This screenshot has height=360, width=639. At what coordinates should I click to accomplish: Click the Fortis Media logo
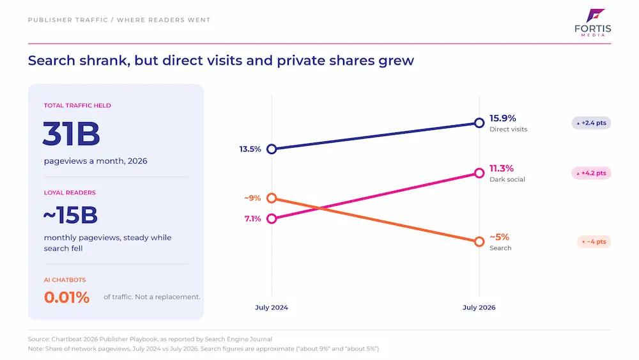pos(592,22)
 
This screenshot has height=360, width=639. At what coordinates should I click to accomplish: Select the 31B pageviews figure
pos(72,133)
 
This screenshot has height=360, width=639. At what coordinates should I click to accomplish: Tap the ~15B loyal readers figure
pos(70,215)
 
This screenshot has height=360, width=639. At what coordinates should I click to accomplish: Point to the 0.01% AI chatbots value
pos(66,297)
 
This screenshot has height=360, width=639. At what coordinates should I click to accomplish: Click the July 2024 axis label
pos(272,308)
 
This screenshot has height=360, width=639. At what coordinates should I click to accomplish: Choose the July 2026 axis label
pos(479,308)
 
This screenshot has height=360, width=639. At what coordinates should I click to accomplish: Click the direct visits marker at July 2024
pos(272,149)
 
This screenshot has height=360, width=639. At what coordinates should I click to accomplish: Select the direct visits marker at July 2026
pos(479,123)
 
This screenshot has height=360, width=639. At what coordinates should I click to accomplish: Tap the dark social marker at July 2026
pos(479,173)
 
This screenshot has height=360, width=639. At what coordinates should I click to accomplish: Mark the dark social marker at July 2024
pos(272,219)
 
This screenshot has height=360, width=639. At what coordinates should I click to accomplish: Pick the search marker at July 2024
pos(272,198)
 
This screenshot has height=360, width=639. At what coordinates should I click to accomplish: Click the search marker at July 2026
pos(479,242)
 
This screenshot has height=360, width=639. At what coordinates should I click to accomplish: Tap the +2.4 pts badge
pos(591,123)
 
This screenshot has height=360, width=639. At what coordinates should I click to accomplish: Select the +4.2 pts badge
pos(591,173)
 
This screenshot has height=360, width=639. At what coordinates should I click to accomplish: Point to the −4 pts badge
pos(594,242)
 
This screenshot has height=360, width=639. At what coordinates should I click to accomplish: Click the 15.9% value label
pos(503,118)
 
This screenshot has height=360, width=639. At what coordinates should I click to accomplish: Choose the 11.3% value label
pos(502,168)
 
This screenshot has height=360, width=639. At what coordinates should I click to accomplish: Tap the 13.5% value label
pos(250,149)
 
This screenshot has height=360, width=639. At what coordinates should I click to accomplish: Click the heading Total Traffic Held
pos(77,106)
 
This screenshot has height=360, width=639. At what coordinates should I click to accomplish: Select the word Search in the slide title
pos(52,60)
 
